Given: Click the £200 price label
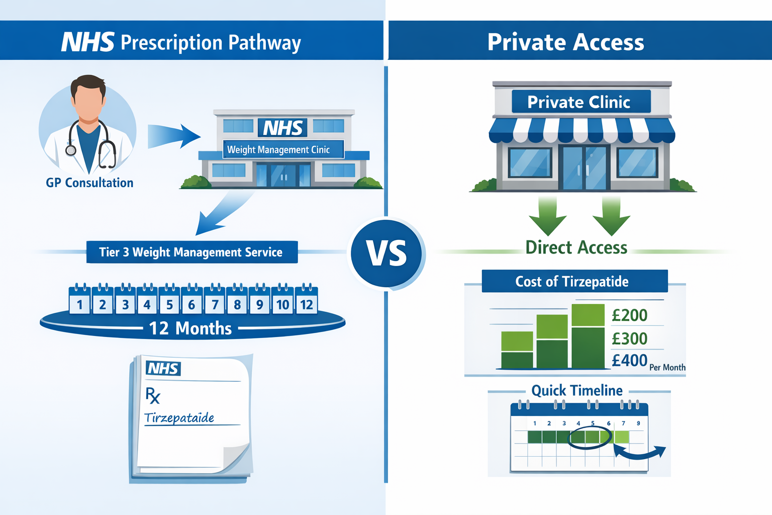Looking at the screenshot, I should [629, 315].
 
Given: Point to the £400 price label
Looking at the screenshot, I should [629, 361].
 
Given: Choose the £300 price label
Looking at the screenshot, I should [629, 338].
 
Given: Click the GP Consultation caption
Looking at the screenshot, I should [89, 183].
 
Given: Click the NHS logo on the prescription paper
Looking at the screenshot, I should [163, 369].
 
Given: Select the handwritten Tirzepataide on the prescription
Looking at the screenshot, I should [179, 418].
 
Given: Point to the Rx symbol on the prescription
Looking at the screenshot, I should [153, 396].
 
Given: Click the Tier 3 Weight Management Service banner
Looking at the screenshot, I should [191, 252].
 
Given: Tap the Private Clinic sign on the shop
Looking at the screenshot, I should [579, 102].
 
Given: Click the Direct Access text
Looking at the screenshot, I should [576, 247].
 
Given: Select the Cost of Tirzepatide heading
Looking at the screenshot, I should [572, 281].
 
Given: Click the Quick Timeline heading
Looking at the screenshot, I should [577, 390].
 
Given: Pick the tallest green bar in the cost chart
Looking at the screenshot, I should [588, 336].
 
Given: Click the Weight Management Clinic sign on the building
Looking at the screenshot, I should [278, 149].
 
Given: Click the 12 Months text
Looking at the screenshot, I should [190, 328].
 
